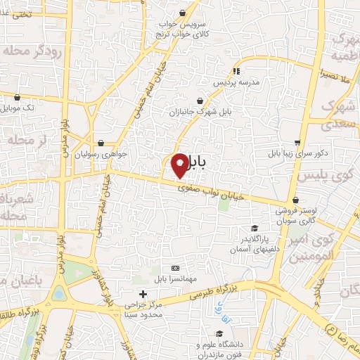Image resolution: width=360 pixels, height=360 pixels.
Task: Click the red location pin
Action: pos(181,165)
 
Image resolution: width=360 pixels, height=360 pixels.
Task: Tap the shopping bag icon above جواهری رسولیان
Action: pos(103,143)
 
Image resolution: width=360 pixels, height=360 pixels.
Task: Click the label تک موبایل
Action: pos(18,108)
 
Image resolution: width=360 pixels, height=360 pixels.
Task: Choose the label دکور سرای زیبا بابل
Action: pos(294,153)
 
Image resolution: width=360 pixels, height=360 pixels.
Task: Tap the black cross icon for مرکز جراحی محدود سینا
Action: pos(143,294)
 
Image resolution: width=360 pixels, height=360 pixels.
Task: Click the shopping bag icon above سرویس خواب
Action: pos(183,13)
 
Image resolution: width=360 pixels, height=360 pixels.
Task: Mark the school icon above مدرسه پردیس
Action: pos(236,71)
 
